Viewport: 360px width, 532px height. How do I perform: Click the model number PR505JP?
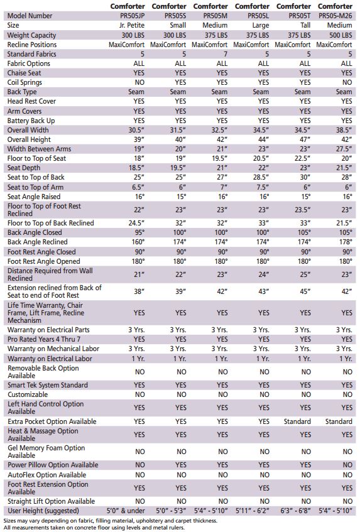point(132,16)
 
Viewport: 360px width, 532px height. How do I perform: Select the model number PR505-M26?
point(335,16)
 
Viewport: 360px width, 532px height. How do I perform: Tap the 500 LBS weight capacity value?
point(341,35)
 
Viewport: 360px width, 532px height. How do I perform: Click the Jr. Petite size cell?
point(132,26)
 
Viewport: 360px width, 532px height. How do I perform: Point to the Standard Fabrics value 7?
point(226,54)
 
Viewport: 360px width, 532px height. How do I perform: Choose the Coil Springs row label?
point(25,82)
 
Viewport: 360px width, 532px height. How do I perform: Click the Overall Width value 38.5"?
point(344,130)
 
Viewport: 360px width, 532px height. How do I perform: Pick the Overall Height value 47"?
point(305,139)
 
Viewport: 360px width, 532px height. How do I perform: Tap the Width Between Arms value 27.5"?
point(344,149)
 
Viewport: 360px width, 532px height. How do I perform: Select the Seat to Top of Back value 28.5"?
point(261,178)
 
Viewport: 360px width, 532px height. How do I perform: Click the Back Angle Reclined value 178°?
point(346,242)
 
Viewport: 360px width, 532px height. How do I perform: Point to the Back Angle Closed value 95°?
point(139,232)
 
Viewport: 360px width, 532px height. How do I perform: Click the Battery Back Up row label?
point(31,121)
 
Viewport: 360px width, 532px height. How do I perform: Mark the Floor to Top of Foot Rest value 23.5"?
point(303,210)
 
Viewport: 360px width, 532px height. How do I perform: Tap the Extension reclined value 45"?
point(305,291)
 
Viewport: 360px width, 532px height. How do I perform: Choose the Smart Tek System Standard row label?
point(48,385)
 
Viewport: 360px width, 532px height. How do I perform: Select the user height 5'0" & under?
point(126,511)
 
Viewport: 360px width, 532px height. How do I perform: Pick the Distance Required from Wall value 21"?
point(139,274)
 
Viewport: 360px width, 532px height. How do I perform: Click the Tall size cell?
point(305,26)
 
